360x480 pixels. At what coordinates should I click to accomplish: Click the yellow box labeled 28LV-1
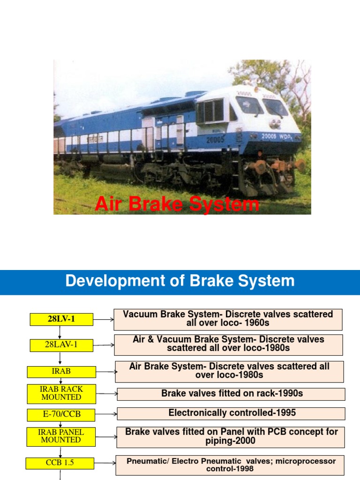[61, 319]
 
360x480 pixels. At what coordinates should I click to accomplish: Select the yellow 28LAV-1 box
[61, 345]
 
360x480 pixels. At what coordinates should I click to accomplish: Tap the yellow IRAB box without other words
[61, 372]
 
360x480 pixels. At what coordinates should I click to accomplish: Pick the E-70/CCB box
[61, 415]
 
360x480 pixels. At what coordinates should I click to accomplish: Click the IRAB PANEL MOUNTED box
[61, 436]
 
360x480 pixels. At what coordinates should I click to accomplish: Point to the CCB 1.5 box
[60, 463]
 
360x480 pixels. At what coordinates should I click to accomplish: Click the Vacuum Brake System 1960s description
[228, 319]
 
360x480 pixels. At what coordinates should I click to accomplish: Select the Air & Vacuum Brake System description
[228, 345]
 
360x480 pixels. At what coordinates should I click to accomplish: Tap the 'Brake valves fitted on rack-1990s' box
[231, 394]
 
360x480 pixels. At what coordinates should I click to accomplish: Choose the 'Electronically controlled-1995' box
[231, 413]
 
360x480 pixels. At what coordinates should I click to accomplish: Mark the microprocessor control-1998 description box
[230, 465]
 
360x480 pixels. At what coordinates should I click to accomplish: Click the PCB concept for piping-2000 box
[231, 437]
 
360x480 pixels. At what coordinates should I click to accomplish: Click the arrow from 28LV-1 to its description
[104, 320]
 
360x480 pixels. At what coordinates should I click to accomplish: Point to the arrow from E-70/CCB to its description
[106, 414]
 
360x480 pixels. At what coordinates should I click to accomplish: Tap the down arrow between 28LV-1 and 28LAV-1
[60, 332]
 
